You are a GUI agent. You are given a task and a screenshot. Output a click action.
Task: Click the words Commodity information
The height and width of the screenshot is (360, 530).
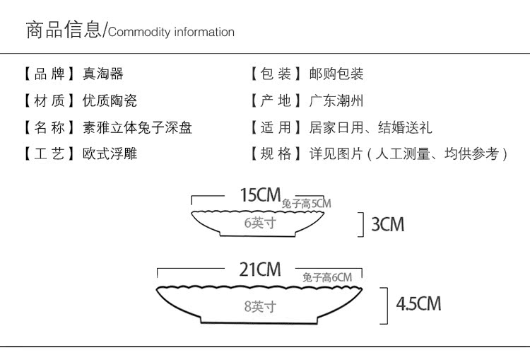[171, 32]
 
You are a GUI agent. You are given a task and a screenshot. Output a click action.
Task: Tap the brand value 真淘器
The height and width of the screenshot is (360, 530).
[102, 74]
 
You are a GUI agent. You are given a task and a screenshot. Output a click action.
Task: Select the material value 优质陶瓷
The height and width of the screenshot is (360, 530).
[110, 100]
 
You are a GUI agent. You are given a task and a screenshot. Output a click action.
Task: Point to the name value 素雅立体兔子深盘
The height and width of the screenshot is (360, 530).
[137, 127]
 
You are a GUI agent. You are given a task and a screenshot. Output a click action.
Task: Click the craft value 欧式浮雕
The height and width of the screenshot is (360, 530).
[110, 153]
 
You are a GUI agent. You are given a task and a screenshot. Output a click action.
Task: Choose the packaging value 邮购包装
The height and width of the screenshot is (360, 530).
[336, 74]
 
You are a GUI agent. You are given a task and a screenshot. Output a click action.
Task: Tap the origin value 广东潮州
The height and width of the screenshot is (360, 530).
[336, 100]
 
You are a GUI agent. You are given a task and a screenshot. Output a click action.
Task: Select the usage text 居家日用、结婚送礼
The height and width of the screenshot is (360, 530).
[370, 127]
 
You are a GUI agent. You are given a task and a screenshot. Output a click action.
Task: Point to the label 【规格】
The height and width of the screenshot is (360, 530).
[274, 153]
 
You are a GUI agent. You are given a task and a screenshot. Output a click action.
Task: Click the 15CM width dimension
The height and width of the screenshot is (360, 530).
[260, 195]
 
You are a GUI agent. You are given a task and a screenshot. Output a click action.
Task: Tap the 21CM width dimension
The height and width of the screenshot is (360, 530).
[259, 269]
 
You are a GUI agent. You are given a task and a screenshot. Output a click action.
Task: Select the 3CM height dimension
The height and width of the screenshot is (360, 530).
[387, 225]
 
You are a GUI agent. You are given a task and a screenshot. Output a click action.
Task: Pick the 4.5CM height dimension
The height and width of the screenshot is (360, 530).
[418, 304]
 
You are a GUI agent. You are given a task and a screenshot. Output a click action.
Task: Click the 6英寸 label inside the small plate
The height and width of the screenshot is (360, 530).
[259, 223]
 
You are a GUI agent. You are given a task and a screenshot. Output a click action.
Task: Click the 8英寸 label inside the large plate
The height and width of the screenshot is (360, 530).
[259, 306]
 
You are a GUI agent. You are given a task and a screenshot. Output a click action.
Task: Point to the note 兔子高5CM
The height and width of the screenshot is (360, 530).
[306, 204]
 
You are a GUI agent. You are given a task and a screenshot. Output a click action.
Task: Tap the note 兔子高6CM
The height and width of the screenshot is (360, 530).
[326, 278]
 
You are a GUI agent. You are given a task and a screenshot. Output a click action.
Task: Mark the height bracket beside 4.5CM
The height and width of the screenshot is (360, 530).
[384, 305]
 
